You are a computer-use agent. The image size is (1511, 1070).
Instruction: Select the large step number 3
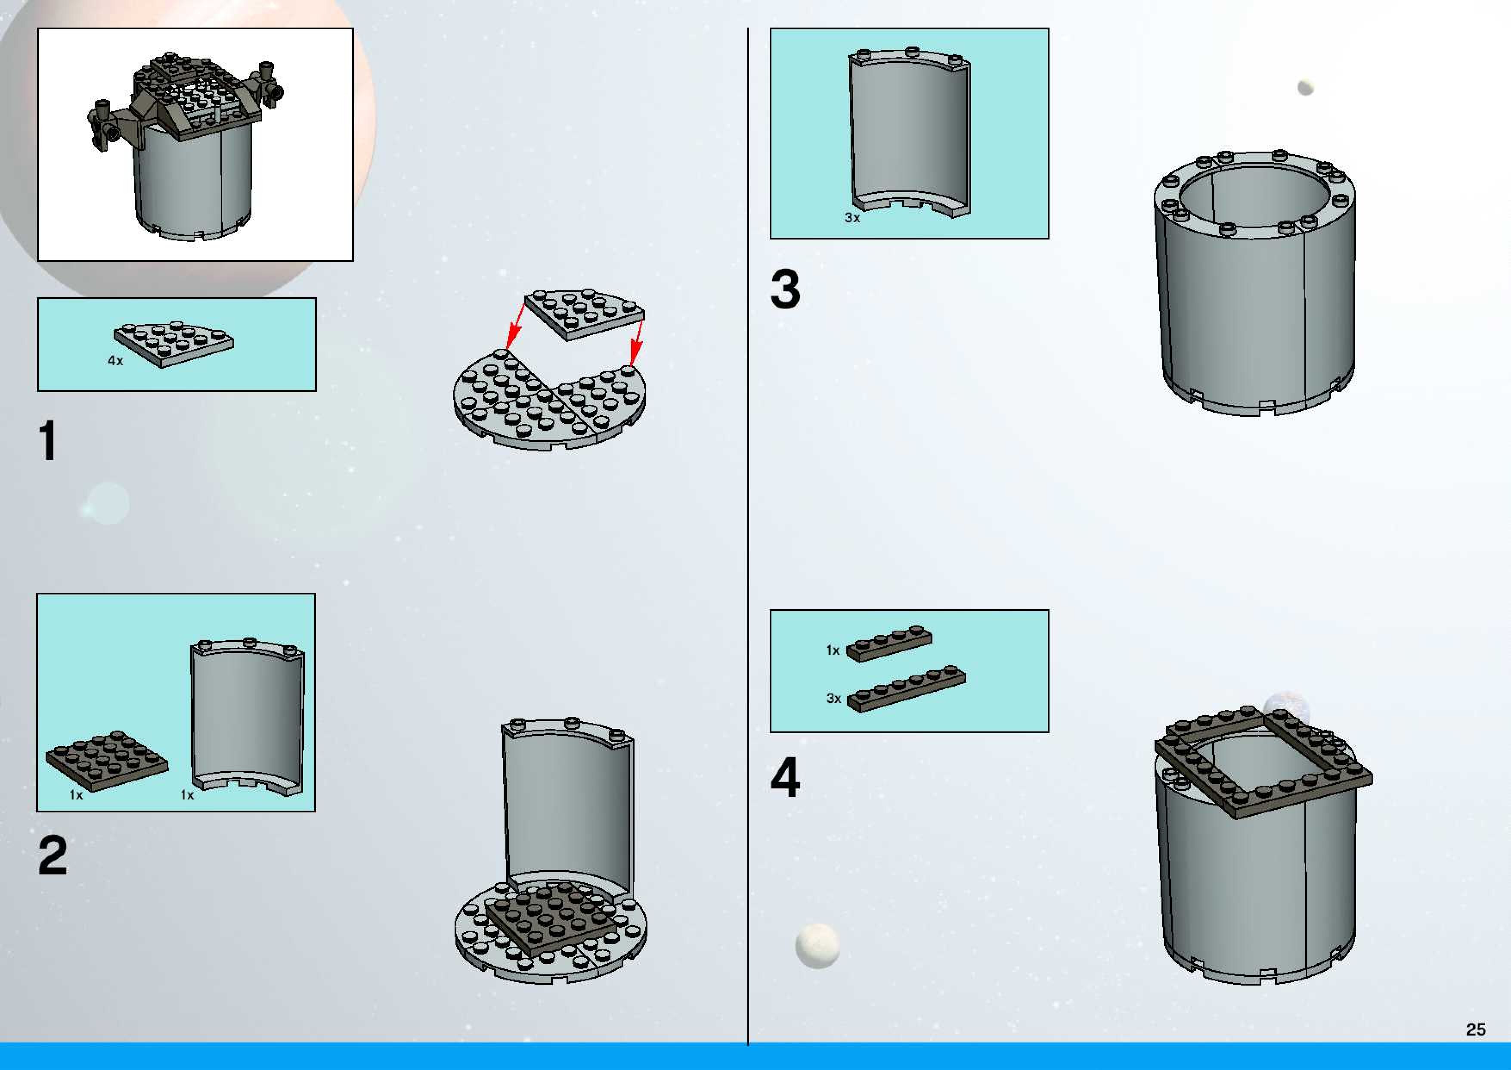[x=786, y=289]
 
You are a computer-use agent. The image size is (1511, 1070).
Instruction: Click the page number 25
[x=1475, y=1029]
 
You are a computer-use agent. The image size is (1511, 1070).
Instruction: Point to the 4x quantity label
[x=115, y=361]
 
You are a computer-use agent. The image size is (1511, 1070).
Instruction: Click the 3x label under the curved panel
[x=852, y=218]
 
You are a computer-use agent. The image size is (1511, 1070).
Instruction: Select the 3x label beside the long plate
[x=833, y=698]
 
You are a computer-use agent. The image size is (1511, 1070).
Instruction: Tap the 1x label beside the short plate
[x=833, y=650]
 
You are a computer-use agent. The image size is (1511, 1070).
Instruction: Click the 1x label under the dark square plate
[x=76, y=795]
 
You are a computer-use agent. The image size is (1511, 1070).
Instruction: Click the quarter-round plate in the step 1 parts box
[x=173, y=343]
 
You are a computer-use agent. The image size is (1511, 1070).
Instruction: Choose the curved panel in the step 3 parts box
[x=909, y=132]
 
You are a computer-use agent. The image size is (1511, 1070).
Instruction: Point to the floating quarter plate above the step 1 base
[x=585, y=313]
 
